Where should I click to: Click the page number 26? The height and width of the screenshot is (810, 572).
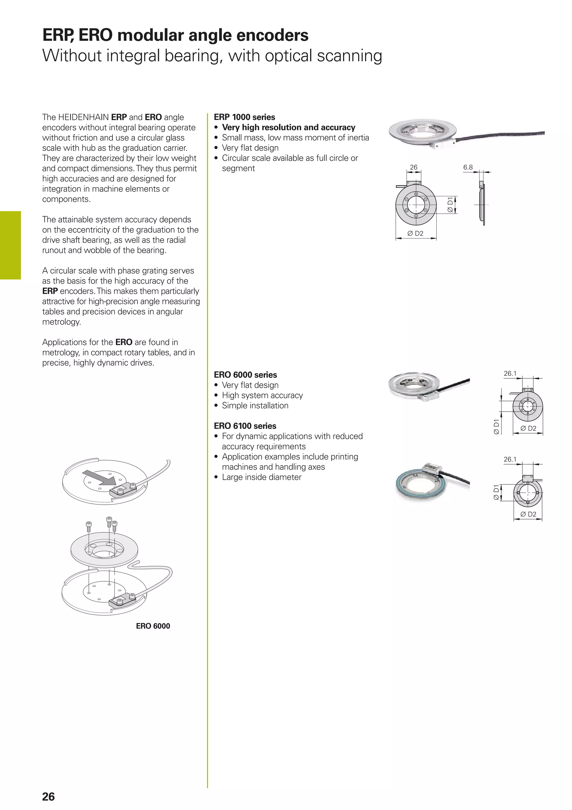pos(48,797)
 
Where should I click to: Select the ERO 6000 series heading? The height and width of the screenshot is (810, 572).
pos(245,375)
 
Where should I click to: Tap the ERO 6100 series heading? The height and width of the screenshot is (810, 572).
pos(245,426)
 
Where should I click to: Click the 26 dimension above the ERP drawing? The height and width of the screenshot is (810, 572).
pos(413,167)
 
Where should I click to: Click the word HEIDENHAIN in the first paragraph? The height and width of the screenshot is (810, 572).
pos(84,117)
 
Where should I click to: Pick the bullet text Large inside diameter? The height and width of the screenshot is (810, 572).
pos(261,477)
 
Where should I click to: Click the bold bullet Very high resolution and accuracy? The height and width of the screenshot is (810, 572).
pos(288,127)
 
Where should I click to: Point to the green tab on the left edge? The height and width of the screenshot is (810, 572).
pos(11,245)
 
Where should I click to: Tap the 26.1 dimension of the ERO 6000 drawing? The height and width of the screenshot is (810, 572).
pos(510,373)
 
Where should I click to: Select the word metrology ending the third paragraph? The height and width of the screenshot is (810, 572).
pos(61,322)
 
